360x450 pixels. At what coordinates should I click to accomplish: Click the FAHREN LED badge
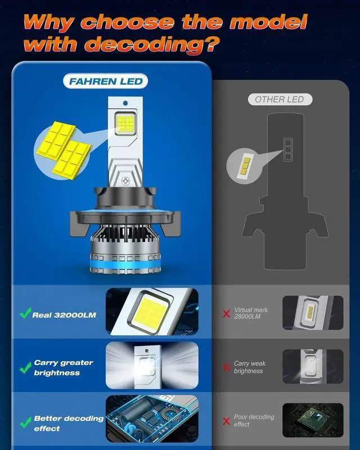pyautogui.click(x=106, y=82)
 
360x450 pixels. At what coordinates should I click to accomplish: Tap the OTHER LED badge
pyautogui.click(x=279, y=100)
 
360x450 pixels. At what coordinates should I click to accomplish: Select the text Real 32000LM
pyautogui.click(x=64, y=315)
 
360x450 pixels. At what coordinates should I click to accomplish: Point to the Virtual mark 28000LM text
pyautogui.click(x=251, y=313)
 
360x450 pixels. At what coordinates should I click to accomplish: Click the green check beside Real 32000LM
pyautogui.click(x=25, y=314)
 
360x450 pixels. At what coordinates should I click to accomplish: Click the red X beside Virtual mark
pyautogui.click(x=226, y=313)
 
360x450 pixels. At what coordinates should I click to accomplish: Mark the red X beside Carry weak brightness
pyautogui.click(x=226, y=367)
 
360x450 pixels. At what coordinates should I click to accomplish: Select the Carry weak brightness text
pyautogui.click(x=250, y=367)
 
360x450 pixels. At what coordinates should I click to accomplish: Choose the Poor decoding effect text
pyautogui.click(x=254, y=420)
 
